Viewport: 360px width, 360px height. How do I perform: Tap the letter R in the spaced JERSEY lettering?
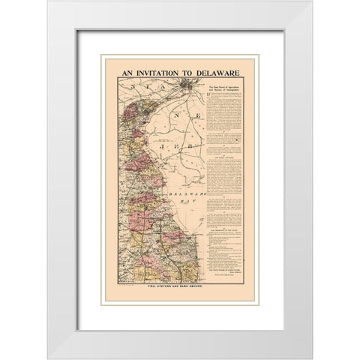(x=194, y=143)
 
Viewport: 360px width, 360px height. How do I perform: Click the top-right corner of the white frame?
(x=310, y=2)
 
